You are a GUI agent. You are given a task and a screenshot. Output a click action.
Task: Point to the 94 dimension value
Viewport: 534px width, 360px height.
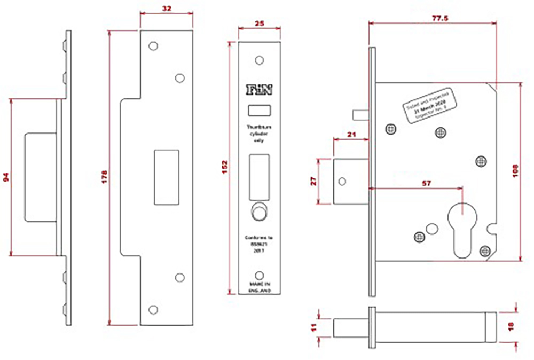[6, 177]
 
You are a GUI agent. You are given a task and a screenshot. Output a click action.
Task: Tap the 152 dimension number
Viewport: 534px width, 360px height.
[225, 166]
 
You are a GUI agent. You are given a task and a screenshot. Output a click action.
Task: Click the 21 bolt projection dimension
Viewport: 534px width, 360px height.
[352, 134]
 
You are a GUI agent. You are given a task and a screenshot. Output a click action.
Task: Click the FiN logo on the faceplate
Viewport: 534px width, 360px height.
[259, 89]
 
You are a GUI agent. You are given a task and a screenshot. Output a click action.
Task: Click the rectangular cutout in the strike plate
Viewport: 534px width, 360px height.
[166, 177]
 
